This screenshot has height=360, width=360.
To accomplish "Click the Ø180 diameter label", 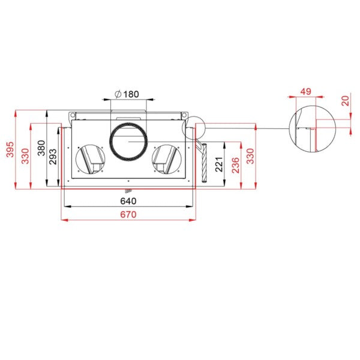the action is pos(127,94).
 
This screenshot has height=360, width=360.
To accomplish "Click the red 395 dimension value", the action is pos(10,149).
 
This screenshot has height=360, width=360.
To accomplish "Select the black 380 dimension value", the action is pos(41,148).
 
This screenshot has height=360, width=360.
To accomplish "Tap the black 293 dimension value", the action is pos(53,157).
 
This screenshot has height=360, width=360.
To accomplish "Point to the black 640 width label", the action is pos(128,201).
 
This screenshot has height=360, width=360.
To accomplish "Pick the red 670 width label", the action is pos(128,215).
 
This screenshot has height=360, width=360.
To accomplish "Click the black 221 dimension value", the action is pos(219,164).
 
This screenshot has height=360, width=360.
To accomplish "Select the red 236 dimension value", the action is pos(236,166).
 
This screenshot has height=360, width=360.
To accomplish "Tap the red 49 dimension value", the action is pos(306,92).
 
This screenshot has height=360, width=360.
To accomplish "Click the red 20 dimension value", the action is pos(346,101).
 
